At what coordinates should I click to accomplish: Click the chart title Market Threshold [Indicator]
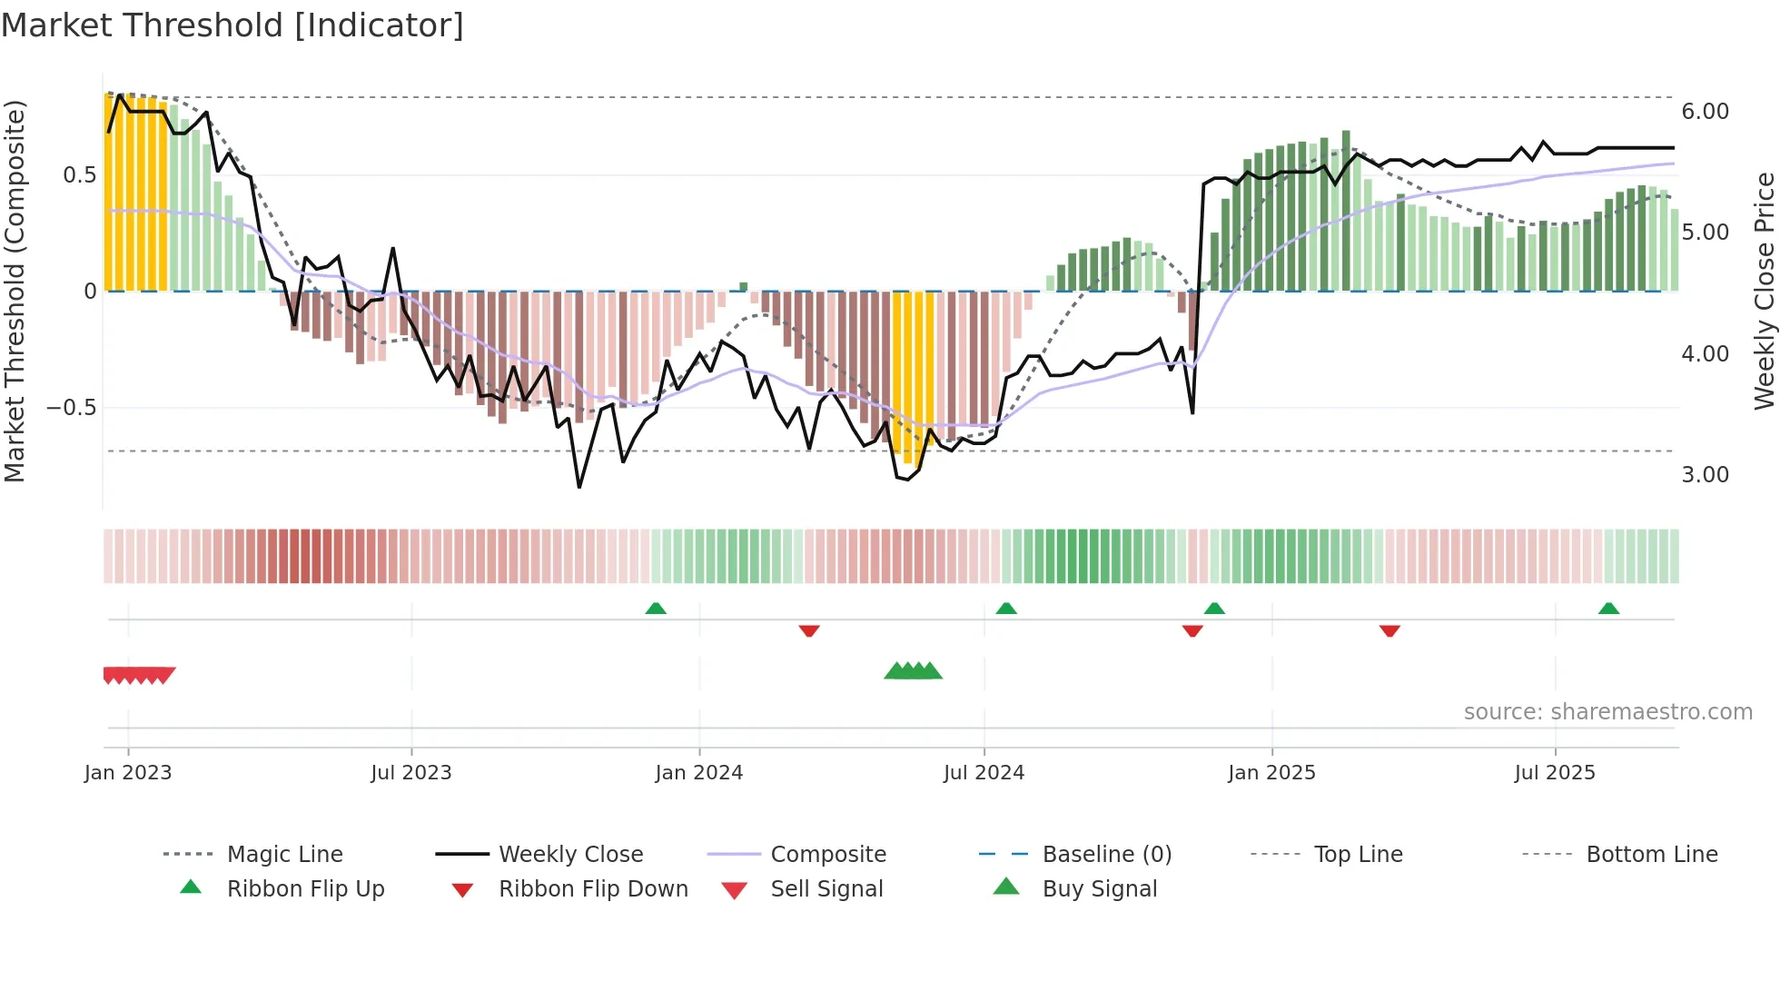(232, 25)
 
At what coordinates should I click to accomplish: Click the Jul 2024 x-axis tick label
(984, 773)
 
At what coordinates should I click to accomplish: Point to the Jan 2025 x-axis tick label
(1271, 773)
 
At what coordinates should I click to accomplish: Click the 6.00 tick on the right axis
(1705, 112)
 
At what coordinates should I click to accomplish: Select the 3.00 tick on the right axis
(1705, 475)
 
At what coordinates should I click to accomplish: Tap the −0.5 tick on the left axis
(72, 408)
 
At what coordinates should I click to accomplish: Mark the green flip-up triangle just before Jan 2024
(656, 609)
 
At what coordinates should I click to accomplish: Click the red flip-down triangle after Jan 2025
(1389, 630)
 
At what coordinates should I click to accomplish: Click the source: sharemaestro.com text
(1607, 712)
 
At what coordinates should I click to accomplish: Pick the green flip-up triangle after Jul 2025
(1608, 609)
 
